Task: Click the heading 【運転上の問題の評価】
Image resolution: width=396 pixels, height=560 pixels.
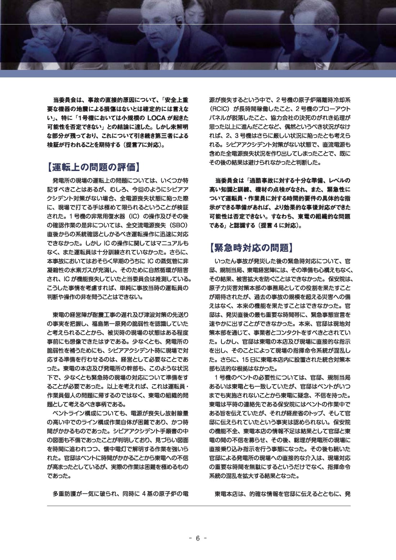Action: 93,167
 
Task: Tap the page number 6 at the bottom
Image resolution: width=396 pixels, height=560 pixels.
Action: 198,538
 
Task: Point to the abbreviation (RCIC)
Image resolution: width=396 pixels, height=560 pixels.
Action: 221,108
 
